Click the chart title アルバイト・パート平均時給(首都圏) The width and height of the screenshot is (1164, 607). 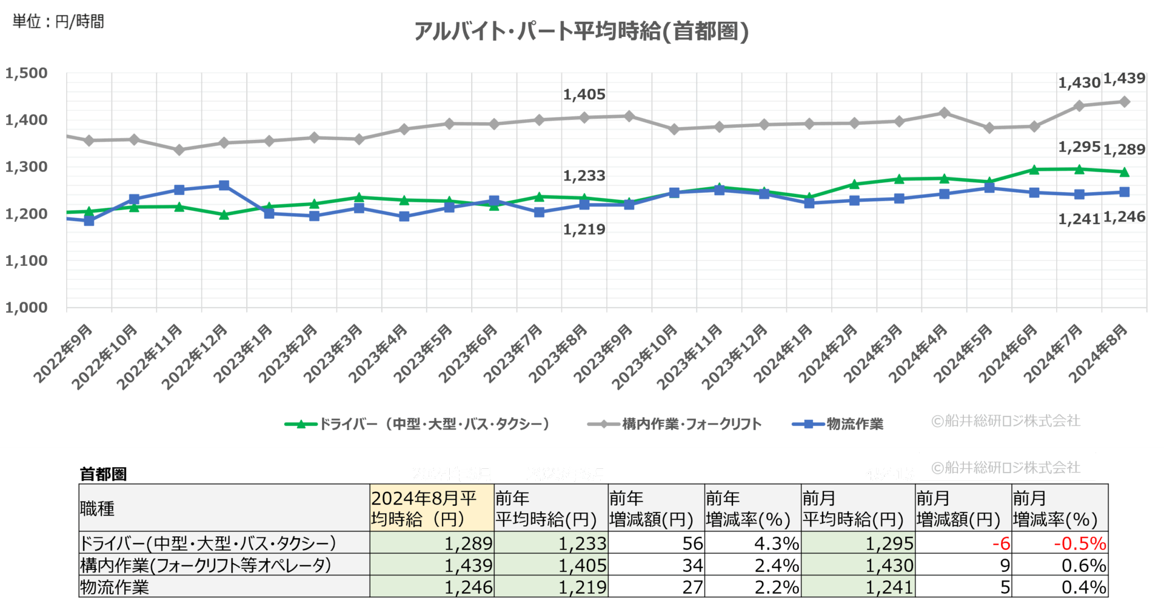click(581, 31)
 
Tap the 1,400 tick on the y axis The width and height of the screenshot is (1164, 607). click(27, 120)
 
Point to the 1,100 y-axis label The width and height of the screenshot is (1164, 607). click(27, 260)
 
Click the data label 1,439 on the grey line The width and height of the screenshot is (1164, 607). click(1124, 79)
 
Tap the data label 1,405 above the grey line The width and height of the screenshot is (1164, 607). click(584, 95)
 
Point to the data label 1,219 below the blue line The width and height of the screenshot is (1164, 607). click(584, 230)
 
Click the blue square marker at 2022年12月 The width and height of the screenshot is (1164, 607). click(224, 185)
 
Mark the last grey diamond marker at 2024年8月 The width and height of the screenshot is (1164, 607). click(1124, 102)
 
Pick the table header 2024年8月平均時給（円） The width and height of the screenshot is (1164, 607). click(431, 508)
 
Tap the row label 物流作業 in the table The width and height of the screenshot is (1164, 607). click(115, 587)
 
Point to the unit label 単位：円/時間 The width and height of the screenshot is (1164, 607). click(58, 22)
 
